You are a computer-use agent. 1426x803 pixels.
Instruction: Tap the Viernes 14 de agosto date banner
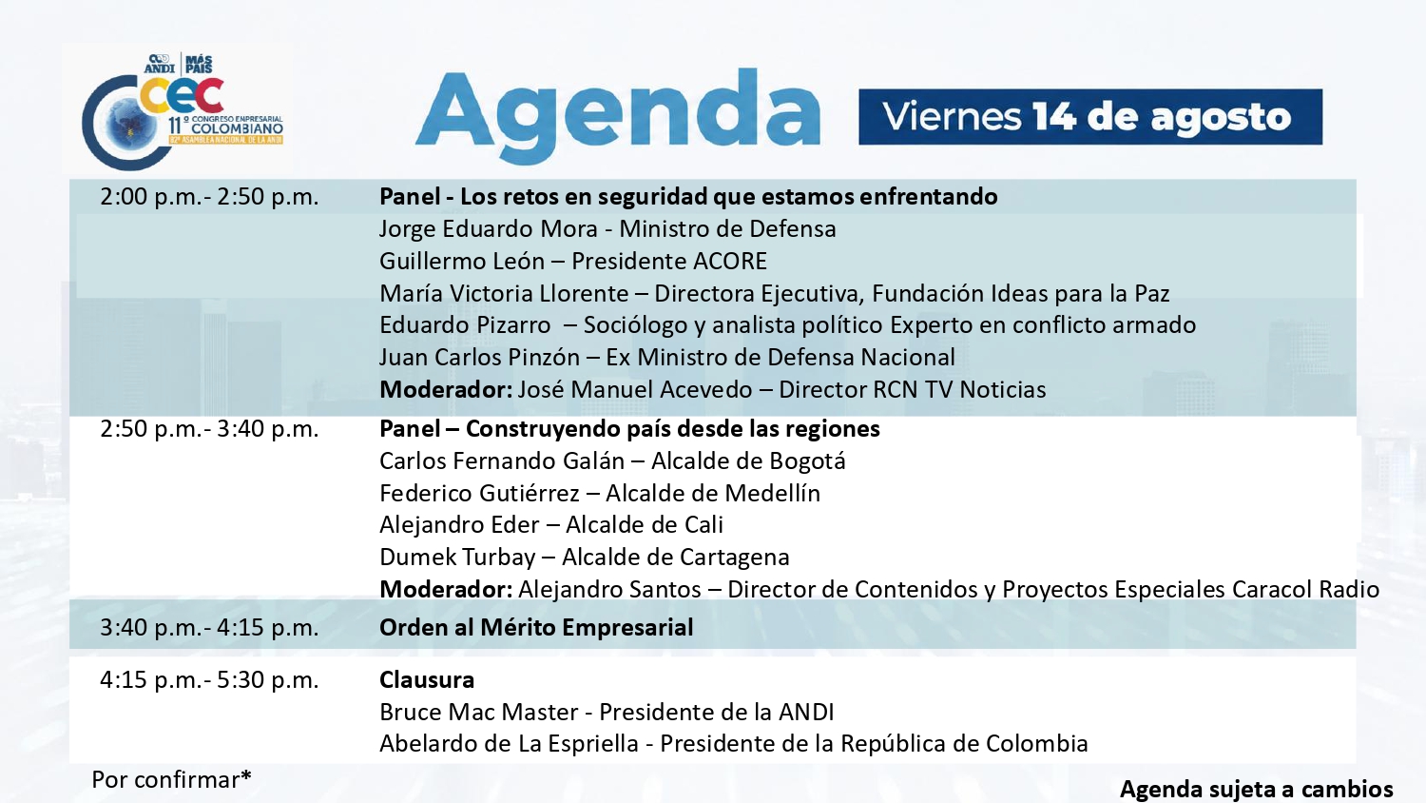1090,117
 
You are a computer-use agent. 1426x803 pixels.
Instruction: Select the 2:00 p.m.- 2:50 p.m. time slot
209,197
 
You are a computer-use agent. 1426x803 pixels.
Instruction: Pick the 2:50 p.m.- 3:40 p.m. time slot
209,429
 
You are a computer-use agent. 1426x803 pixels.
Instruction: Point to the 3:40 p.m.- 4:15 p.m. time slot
209,628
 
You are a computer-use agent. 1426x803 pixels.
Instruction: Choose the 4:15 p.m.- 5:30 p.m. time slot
209,680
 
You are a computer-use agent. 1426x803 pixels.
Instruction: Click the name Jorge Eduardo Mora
489,228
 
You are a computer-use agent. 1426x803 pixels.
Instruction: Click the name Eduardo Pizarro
465,325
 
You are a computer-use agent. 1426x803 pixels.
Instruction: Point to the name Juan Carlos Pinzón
479,358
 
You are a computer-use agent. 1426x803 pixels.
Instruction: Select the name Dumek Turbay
457,558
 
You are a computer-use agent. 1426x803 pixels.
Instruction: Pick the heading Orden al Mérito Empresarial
536,628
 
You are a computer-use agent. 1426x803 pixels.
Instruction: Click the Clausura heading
427,680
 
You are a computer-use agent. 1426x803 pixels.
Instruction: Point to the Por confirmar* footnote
171,779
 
